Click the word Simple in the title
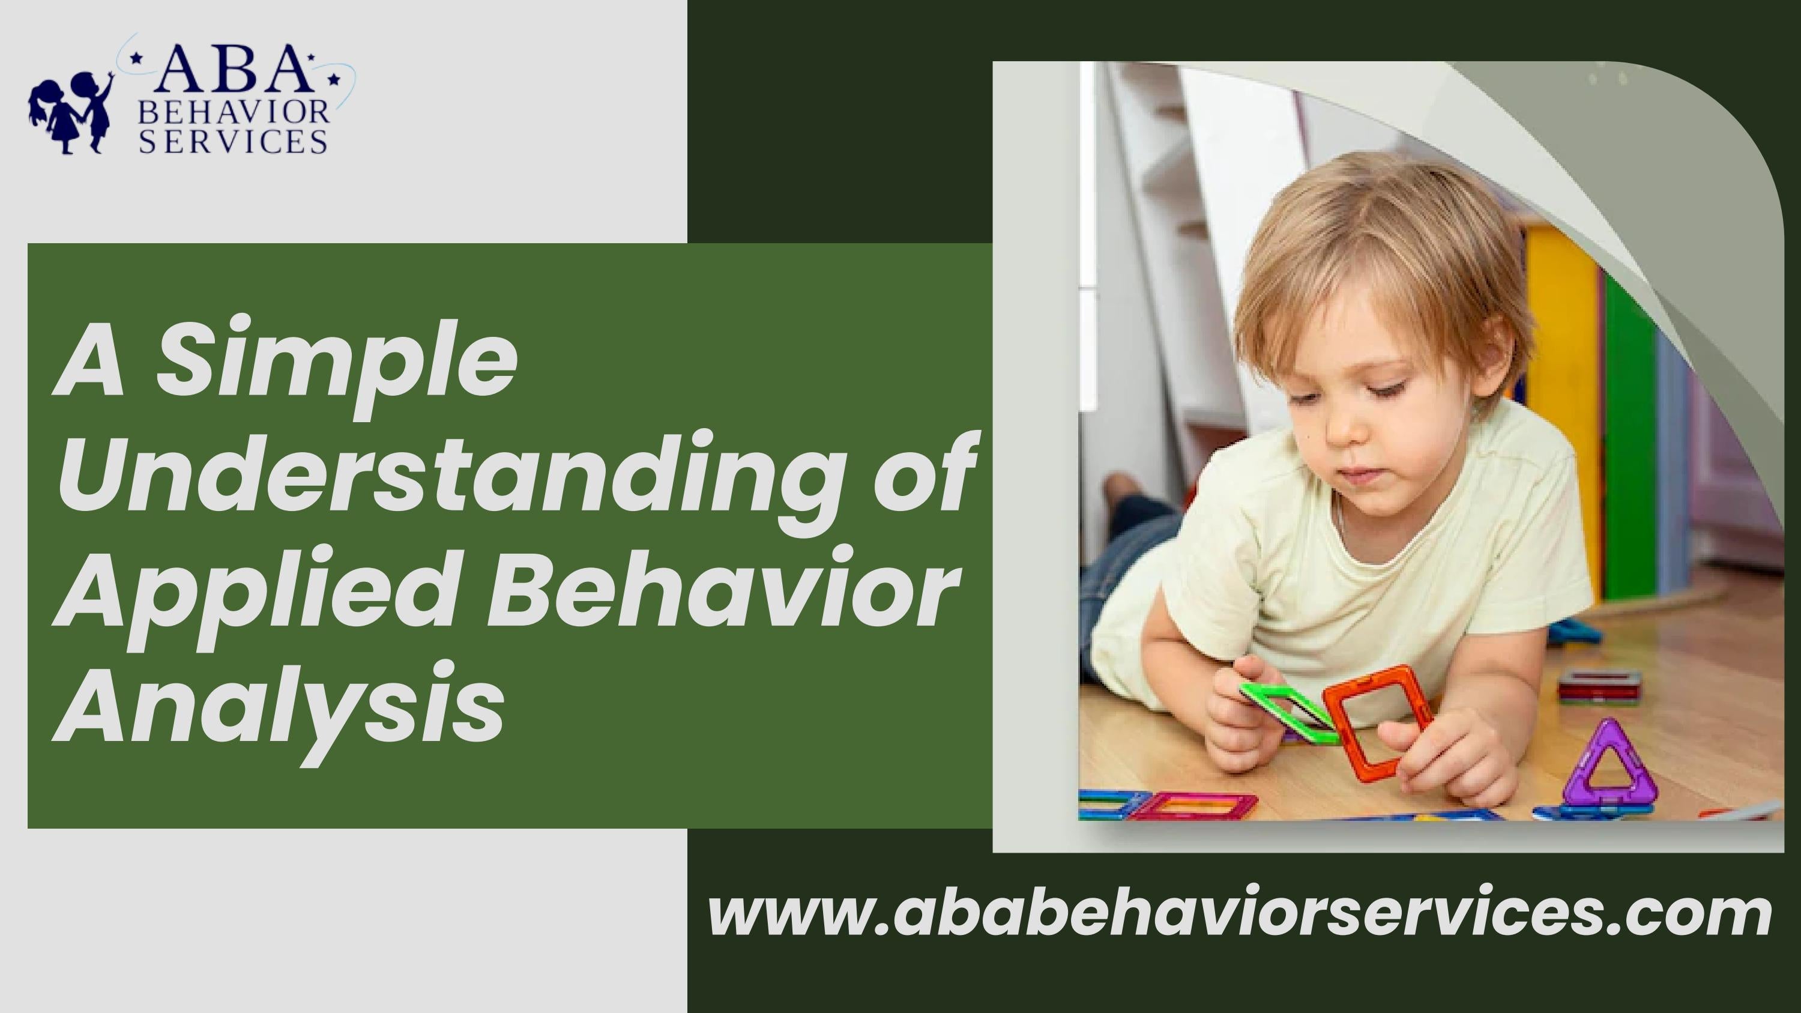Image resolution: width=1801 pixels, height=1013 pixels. click(x=336, y=363)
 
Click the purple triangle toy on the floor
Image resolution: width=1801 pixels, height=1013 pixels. click(x=1608, y=769)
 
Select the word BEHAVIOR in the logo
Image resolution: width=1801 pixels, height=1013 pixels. click(x=234, y=112)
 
